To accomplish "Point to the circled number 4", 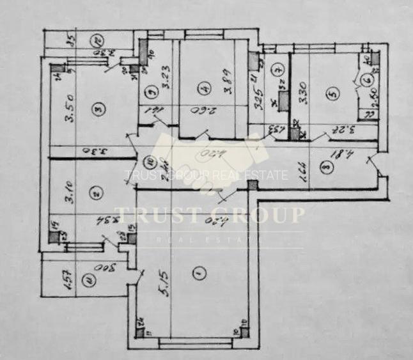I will [202, 88].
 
